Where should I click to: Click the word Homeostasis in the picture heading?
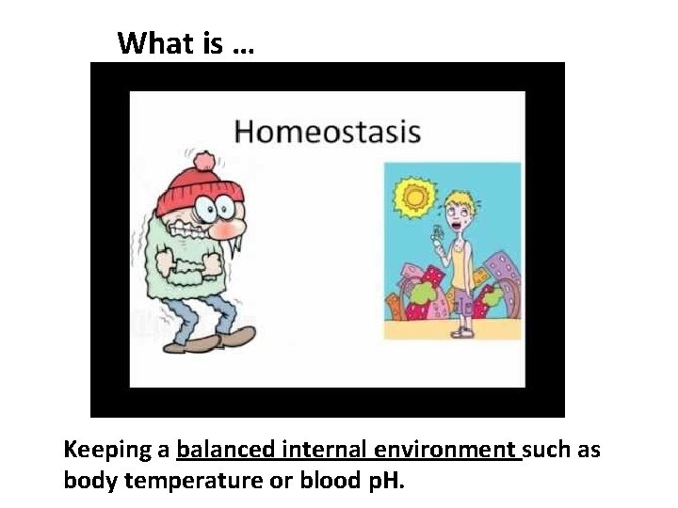[x=327, y=132]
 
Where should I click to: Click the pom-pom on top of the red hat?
[x=206, y=160]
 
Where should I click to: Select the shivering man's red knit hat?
[x=200, y=192]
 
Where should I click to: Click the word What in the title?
[x=156, y=43]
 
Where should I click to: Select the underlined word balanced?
[x=223, y=450]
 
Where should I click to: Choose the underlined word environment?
[x=445, y=450]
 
